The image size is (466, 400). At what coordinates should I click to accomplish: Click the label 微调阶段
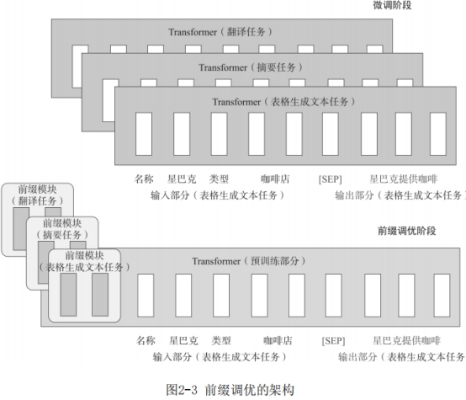tap(392, 5)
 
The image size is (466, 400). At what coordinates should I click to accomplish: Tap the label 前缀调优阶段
tap(406, 231)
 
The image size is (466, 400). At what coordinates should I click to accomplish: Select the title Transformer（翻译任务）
tap(220, 32)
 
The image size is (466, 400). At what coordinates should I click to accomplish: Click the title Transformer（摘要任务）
tap(251, 67)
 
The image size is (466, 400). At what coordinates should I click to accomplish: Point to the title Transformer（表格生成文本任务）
tap(283, 102)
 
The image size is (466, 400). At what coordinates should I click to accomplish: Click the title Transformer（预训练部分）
tap(249, 261)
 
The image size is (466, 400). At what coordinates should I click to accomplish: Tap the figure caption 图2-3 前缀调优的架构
tap(230, 390)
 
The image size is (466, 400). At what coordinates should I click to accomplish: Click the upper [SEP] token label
tap(331, 179)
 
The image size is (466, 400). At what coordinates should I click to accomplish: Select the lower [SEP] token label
tap(333, 340)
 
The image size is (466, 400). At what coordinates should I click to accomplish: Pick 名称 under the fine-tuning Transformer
tap(144, 179)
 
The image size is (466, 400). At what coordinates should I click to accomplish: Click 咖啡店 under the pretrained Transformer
tap(278, 340)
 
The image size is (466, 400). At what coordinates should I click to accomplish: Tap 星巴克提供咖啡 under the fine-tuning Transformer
tap(403, 179)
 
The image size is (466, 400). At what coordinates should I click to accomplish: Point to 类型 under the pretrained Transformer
tap(221, 340)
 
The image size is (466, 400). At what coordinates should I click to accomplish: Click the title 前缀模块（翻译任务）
tap(38, 195)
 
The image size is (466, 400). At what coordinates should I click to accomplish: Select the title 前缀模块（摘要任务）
tap(62, 229)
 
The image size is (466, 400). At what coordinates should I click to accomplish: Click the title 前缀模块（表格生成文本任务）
tap(84, 261)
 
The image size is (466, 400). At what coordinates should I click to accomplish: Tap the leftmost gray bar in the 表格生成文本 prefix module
tap(68, 295)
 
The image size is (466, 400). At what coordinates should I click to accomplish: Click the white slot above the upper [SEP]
tap(331, 134)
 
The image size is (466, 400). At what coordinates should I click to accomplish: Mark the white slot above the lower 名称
tap(146, 296)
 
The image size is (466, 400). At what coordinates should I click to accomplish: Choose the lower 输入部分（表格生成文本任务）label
tap(220, 356)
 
